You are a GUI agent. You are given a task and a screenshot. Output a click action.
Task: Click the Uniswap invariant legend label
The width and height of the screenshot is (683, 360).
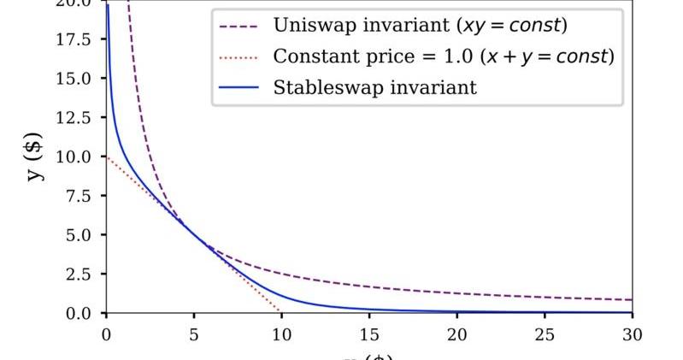click(420, 26)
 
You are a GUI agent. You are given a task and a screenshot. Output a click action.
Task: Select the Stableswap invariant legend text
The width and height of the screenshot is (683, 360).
click(375, 87)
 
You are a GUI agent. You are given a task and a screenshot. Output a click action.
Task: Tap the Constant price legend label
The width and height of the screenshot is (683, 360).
click(444, 56)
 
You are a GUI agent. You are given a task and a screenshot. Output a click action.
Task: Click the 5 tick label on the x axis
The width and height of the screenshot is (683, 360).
click(194, 334)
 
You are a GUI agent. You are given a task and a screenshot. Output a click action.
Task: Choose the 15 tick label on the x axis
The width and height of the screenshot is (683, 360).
click(369, 334)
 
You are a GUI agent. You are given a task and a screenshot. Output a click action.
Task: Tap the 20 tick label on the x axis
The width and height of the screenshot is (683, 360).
click(457, 334)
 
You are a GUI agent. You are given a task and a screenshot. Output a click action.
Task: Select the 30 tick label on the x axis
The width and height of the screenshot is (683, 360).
click(633, 334)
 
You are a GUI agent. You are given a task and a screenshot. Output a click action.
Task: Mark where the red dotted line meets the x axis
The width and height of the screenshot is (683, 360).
click(281, 312)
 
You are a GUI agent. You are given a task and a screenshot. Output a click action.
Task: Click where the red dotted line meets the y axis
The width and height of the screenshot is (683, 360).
click(106, 156)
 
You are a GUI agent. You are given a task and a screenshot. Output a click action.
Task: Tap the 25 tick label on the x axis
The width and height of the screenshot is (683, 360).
click(545, 334)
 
